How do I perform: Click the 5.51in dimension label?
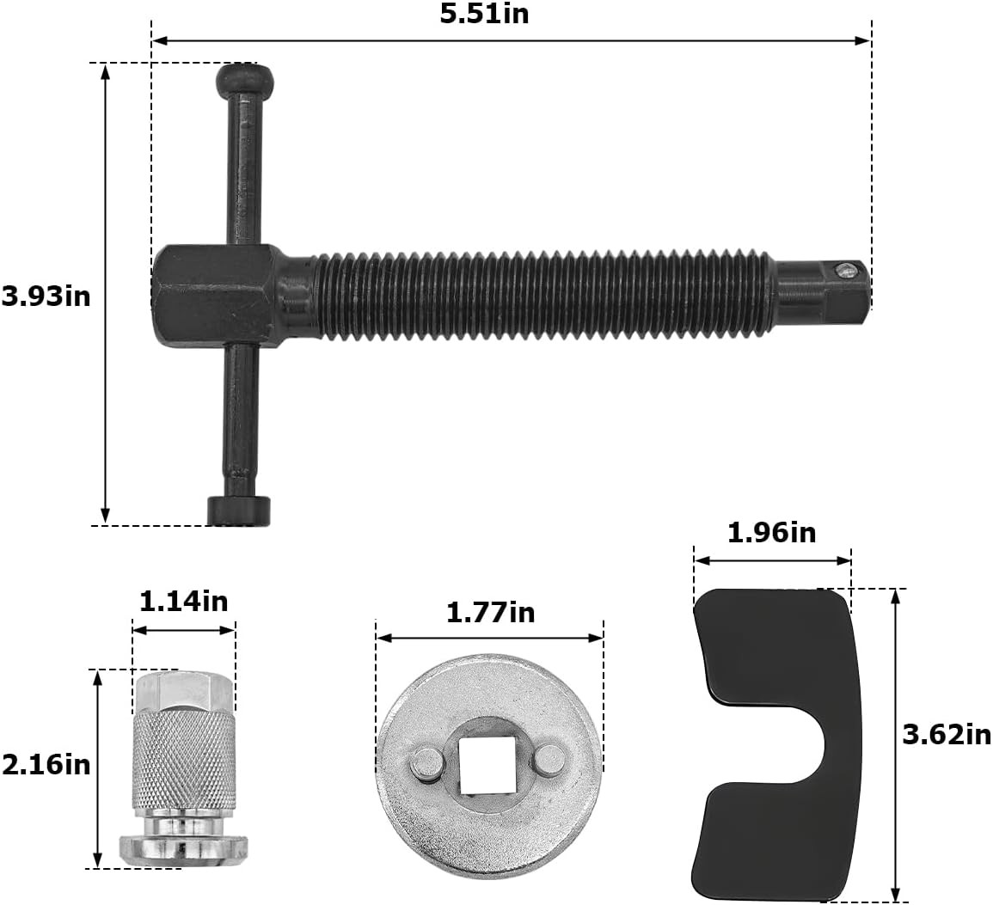[x=485, y=14]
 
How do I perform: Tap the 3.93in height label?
[x=46, y=297]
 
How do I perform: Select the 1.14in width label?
[x=184, y=602]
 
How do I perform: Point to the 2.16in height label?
[x=46, y=765]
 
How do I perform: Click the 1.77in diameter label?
[x=491, y=613]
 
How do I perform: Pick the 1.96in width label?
[x=772, y=533]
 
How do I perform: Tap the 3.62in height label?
[x=947, y=735]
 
